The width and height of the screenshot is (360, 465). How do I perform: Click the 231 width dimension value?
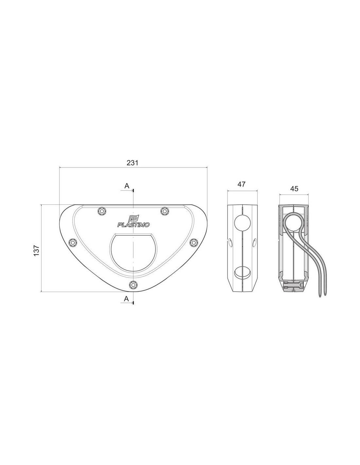click(x=132, y=163)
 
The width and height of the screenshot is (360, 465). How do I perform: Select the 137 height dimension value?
click(x=36, y=250)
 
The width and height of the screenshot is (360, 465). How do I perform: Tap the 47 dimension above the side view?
click(x=241, y=184)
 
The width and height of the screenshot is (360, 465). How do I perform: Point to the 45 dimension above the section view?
click(x=294, y=189)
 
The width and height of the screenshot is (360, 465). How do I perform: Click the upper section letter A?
click(x=127, y=186)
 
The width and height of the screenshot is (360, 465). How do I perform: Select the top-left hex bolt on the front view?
click(x=101, y=211)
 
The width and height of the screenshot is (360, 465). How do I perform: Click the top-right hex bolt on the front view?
click(x=165, y=211)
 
